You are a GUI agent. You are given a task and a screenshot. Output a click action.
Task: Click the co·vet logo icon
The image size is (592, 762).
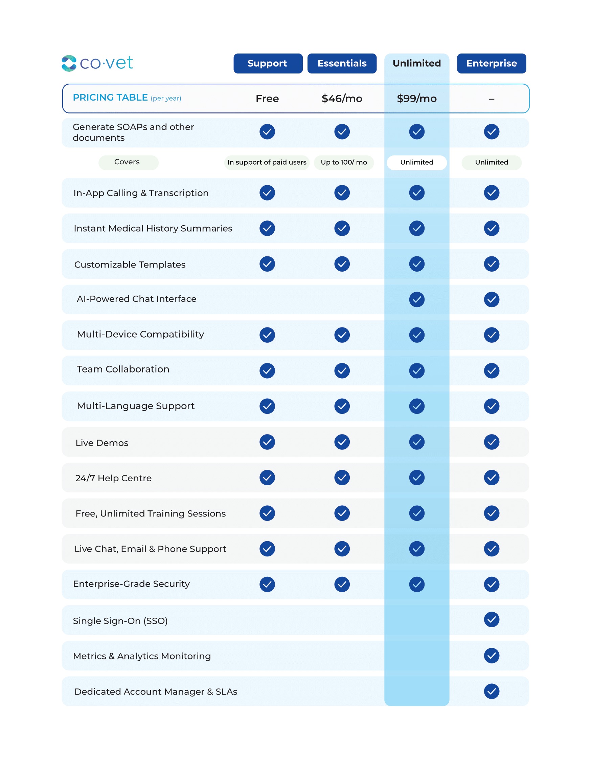tap(69, 64)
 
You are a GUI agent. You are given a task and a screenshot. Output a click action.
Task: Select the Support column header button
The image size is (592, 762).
tap(268, 64)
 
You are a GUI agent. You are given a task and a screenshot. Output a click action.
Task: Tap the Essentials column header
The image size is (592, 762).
tap(342, 64)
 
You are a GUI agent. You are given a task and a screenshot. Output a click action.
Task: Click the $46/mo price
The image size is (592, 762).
tap(342, 99)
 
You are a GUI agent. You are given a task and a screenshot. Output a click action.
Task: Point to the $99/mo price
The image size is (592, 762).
tap(417, 99)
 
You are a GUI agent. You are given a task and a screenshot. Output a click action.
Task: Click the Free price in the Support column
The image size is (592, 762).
tap(267, 99)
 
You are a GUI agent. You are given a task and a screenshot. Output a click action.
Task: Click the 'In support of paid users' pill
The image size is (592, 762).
tap(267, 163)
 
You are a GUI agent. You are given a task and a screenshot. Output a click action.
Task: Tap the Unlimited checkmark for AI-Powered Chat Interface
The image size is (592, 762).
tap(417, 299)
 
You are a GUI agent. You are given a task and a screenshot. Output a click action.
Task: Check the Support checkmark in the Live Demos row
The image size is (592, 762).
tap(267, 442)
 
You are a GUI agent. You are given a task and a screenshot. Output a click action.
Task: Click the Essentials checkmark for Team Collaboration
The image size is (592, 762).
tap(342, 371)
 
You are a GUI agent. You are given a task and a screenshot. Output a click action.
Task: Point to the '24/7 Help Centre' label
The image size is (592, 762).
tap(114, 478)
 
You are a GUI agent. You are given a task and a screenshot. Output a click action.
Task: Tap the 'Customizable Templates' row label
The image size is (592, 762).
tap(130, 265)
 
